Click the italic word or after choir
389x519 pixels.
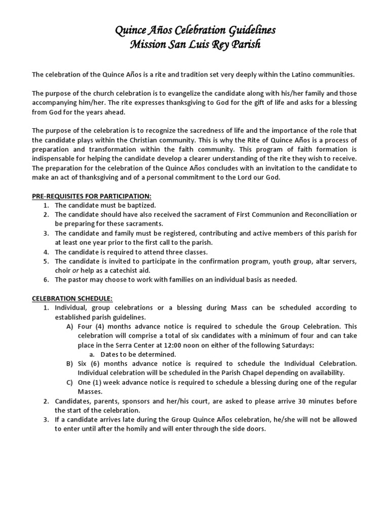tap(74, 270)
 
